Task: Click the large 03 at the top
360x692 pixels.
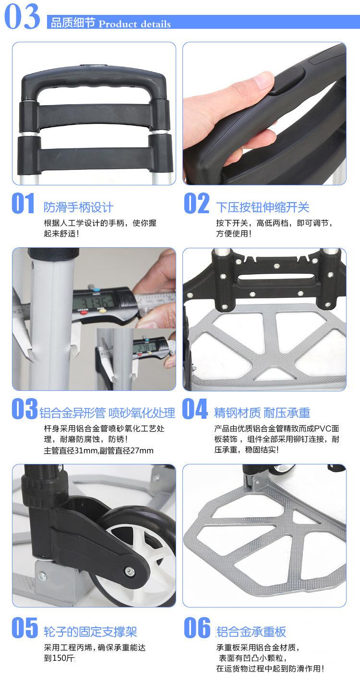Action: (x=22, y=16)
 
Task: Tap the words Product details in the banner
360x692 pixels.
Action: (x=134, y=24)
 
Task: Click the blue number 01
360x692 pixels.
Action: (x=23, y=203)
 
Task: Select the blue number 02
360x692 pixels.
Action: (x=196, y=203)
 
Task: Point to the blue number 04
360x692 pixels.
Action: (x=195, y=409)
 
